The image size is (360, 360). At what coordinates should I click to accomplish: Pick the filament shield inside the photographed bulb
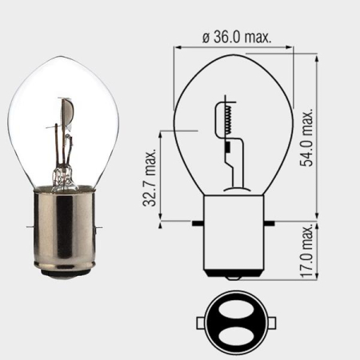[x=67, y=113]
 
